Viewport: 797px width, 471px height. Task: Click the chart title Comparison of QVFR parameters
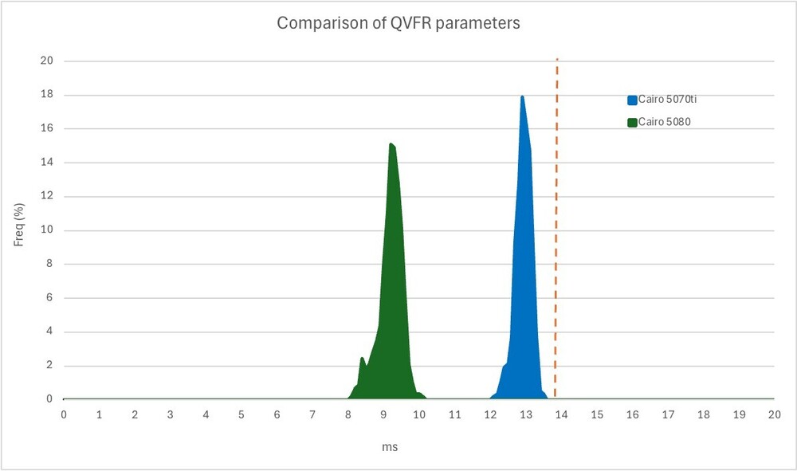click(398, 23)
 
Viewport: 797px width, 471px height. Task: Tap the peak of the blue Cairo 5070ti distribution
click(522, 97)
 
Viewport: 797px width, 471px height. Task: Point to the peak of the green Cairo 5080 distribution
click(391, 144)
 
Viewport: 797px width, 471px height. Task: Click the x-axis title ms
click(390, 447)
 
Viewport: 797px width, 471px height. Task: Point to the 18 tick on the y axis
click(47, 95)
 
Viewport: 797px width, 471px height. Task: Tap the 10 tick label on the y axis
click(47, 230)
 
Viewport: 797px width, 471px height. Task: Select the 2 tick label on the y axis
click(49, 366)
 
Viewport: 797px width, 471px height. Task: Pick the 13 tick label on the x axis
click(525, 414)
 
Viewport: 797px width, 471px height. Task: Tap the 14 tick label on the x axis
click(561, 414)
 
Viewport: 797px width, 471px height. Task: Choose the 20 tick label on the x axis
click(774, 414)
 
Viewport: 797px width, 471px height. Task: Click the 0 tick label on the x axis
click(64, 414)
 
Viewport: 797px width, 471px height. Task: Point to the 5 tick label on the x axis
click(241, 414)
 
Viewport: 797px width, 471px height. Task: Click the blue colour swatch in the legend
click(632, 100)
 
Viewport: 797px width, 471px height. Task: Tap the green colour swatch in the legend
click(632, 122)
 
